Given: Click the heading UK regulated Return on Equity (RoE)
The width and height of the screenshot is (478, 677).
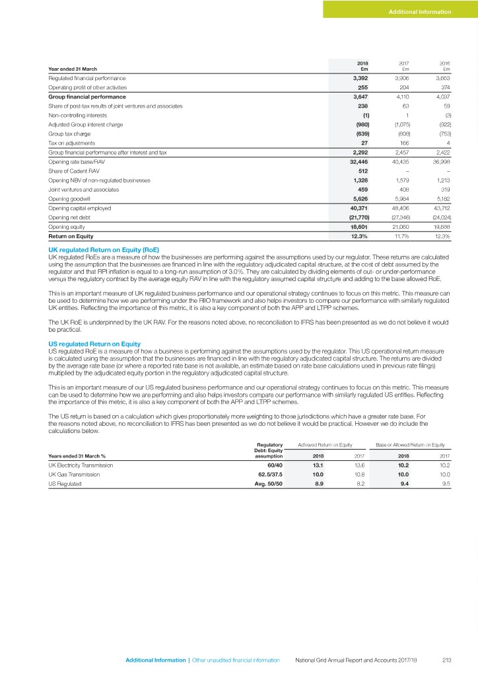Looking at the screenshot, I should (104, 249).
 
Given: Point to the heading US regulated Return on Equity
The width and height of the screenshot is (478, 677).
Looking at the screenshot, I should (94, 344).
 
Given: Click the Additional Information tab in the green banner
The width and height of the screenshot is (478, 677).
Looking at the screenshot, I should (419, 12).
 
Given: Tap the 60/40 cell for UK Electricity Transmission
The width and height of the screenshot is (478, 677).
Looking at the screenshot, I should (273, 465).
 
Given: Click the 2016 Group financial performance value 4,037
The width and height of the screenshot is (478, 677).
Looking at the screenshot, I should (440, 97).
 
